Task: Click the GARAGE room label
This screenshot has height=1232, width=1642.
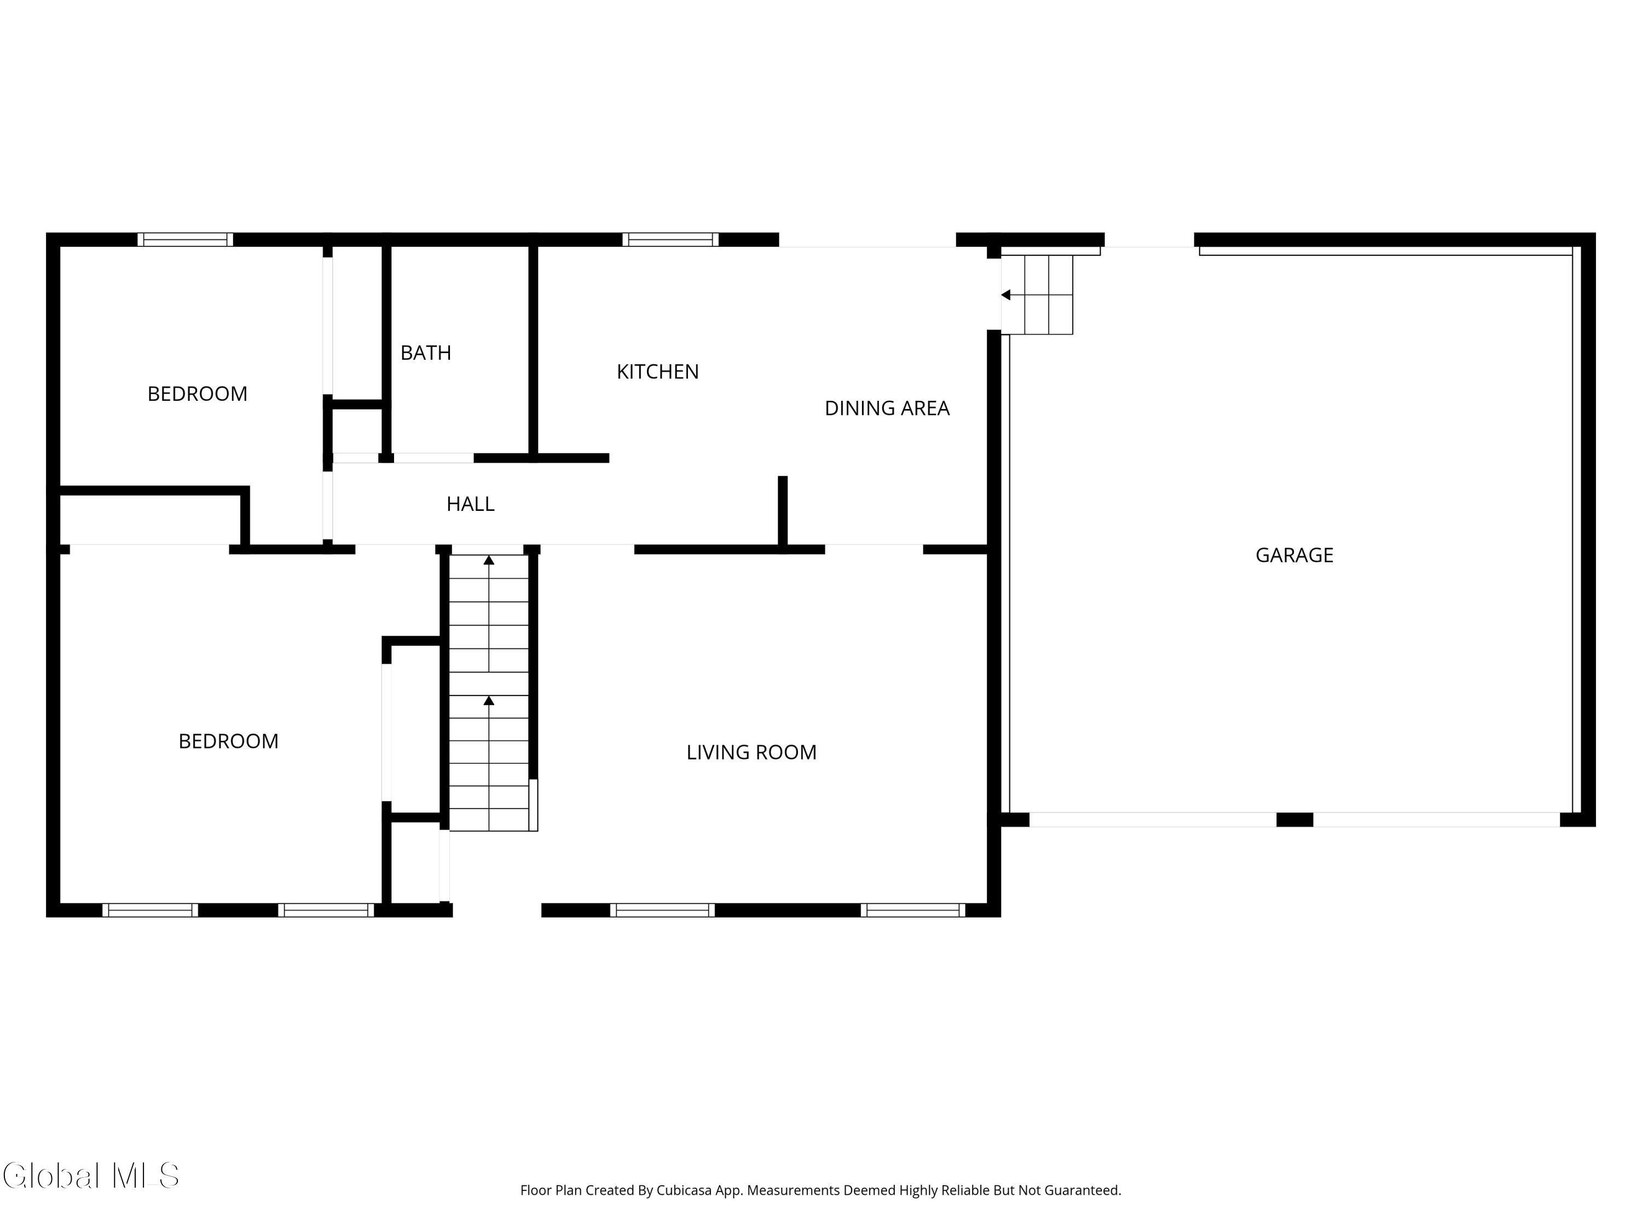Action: pos(1294,555)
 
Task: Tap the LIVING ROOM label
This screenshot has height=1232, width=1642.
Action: pos(751,752)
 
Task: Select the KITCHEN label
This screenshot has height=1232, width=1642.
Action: pos(658,371)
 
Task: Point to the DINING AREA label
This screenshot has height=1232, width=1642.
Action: pos(887,408)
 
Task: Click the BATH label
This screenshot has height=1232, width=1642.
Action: pos(425,353)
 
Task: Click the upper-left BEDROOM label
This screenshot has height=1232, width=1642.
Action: pos(198,394)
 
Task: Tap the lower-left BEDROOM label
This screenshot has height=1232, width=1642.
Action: pos(229,741)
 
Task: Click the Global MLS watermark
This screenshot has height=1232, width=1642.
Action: pos(90,1176)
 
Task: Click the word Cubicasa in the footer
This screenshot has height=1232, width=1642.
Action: pos(684,1190)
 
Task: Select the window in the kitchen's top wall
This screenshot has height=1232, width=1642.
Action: pos(670,239)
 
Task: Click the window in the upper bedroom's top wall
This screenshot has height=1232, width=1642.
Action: pos(186,239)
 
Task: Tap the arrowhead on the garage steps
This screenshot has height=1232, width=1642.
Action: pos(1006,295)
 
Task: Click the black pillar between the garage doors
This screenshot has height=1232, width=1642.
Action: pos(1294,820)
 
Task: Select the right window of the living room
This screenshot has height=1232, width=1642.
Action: pos(913,909)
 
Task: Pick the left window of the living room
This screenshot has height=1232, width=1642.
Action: pos(662,909)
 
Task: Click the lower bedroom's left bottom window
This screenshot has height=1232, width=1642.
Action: pos(150,909)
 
